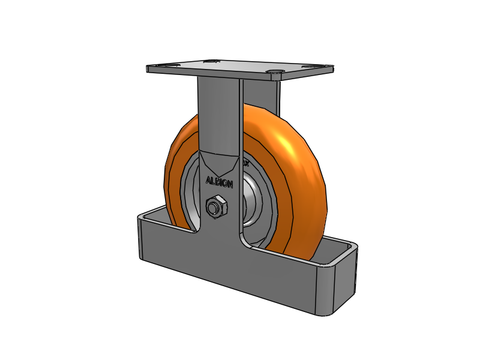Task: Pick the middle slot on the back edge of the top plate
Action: (211, 61)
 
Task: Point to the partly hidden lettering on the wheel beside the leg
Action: (246, 162)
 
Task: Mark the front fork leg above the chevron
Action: (219, 114)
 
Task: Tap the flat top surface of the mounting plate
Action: (240, 67)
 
